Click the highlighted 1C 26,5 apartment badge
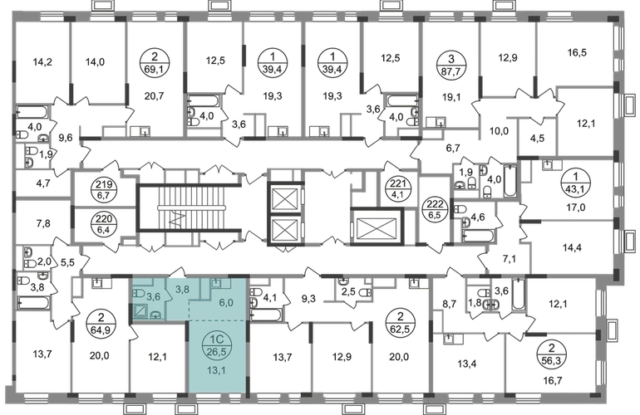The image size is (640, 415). pyautogui.click(x=217, y=345)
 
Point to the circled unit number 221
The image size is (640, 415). pyautogui.click(x=395, y=188)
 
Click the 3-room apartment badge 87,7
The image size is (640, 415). pyautogui.click(x=450, y=65)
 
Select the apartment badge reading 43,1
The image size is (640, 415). pyautogui.click(x=575, y=183)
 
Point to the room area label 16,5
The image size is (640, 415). pyautogui.click(x=577, y=52)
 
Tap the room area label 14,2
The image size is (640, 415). pyautogui.click(x=42, y=62)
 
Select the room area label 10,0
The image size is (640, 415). pyautogui.click(x=499, y=131)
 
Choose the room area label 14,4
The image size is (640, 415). pyautogui.click(x=572, y=247)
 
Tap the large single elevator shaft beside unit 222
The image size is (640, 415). pyautogui.click(x=376, y=227)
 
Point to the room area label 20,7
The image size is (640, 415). pyautogui.click(x=154, y=96)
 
